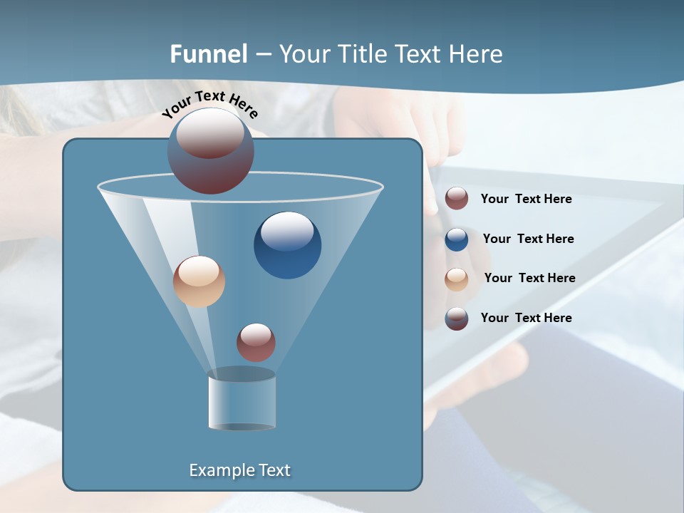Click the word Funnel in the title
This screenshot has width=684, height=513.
pos(209,54)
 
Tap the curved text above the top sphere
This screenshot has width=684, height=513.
pos(210,103)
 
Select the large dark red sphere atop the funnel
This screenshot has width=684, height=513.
pos(211,151)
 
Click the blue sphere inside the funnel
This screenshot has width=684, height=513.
pos(287,245)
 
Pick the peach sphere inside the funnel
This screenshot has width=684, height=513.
pos(199,281)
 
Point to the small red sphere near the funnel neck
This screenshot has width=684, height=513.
pos(256,343)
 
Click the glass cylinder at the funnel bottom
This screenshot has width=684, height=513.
pos(242,400)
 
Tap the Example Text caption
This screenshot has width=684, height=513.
pos(240,470)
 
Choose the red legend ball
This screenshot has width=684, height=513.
pos(457,199)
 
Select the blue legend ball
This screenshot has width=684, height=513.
pos(457,239)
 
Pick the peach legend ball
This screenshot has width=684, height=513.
pos(457,279)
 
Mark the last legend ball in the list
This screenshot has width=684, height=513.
pos(457,319)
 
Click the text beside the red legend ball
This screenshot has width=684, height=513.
pos(526,199)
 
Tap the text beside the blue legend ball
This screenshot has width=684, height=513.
pos(528,239)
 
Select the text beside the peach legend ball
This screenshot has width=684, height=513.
pos(529,279)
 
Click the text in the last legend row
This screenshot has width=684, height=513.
pos(526,318)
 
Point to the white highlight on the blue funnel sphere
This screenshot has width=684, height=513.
pos(287,229)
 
